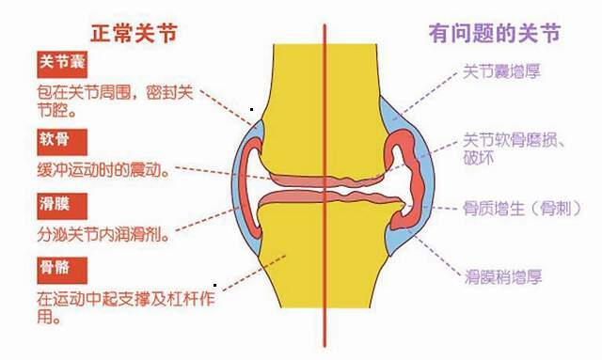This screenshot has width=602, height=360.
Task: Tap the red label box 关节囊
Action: [x=62, y=64]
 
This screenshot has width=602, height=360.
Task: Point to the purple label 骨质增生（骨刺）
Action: [x=514, y=207]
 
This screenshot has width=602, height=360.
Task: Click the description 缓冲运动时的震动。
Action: [x=103, y=172]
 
